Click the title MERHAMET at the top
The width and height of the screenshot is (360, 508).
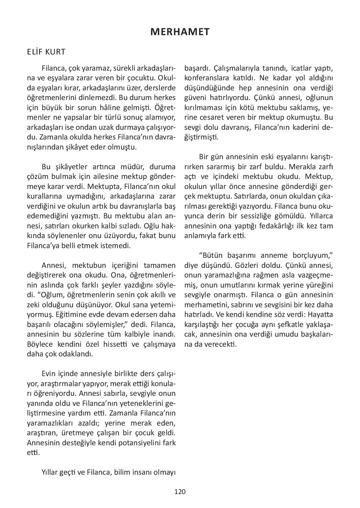pyautogui.click(x=180, y=32)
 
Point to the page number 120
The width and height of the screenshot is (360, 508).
pyautogui.click(x=180, y=492)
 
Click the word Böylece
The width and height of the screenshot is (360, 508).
pyautogui.click(x=41, y=345)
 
